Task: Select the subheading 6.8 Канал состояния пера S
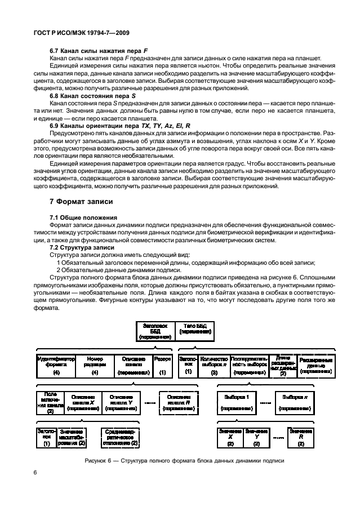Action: (90, 96)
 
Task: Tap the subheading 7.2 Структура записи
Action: (82, 247)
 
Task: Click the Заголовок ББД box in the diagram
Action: (154, 331)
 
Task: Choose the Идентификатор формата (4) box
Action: (56, 365)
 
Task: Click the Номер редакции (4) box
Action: (95, 365)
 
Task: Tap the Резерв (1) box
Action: (162, 365)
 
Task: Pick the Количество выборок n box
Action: (214, 365)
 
